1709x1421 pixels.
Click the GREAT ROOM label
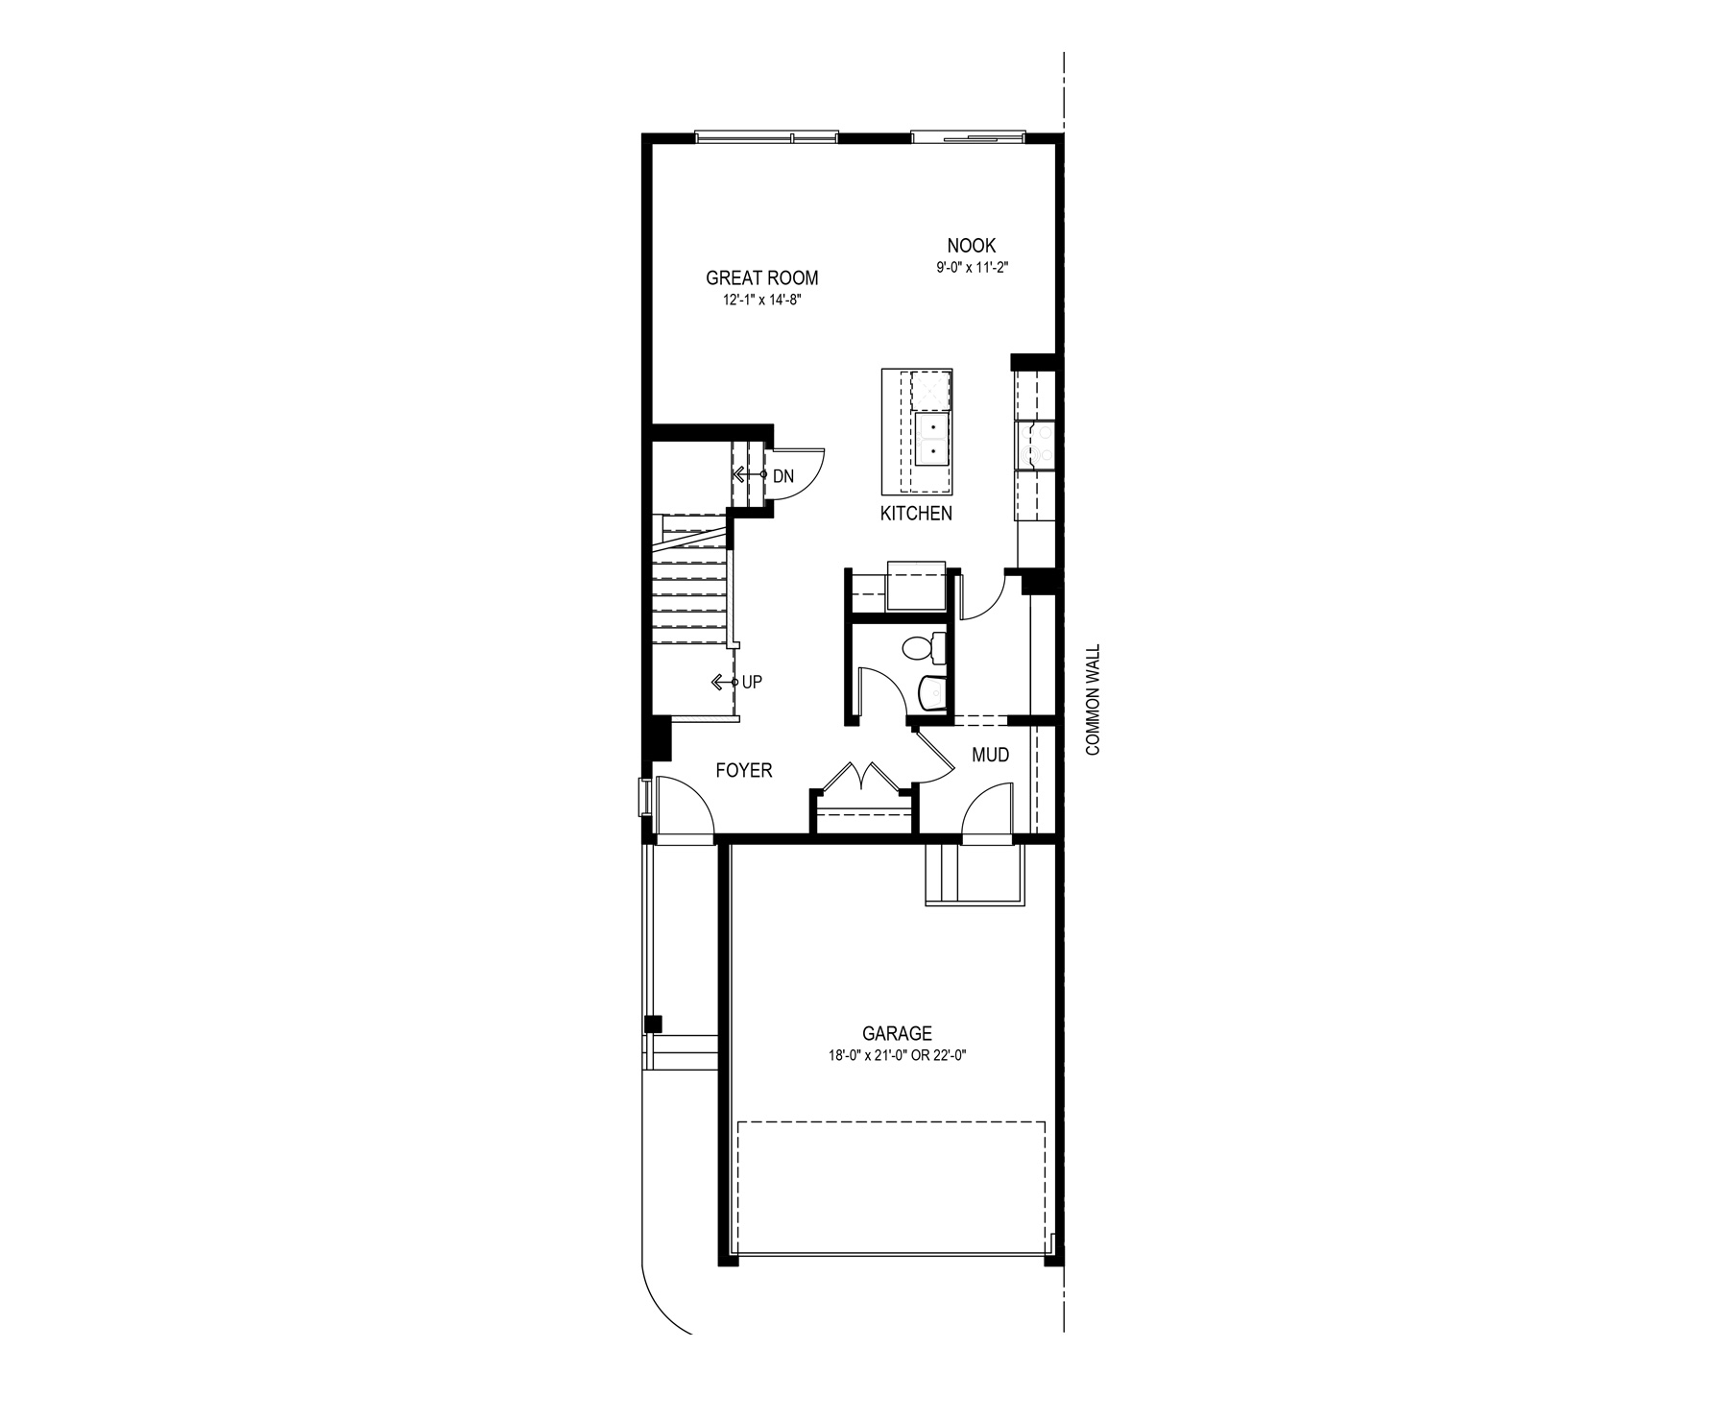coord(761,278)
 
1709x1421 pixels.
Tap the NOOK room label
coord(971,247)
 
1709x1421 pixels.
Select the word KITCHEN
coord(916,514)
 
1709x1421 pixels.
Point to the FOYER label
coord(743,770)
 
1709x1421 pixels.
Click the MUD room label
coord(990,756)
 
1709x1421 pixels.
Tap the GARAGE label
coord(896,1034)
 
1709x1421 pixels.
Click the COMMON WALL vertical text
coord(1092,700)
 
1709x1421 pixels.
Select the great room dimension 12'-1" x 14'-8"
coord(761,301)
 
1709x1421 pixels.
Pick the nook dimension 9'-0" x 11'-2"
coord(972,269)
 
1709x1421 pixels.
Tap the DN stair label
coord(782,476)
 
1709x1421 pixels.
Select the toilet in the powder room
coord(924,649)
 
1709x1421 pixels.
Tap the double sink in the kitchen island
coord(932,439)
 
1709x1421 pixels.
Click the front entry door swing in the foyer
coord(684,807)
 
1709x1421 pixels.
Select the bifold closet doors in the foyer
coord(861,776)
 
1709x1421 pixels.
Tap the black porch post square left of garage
coord(653,1024)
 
